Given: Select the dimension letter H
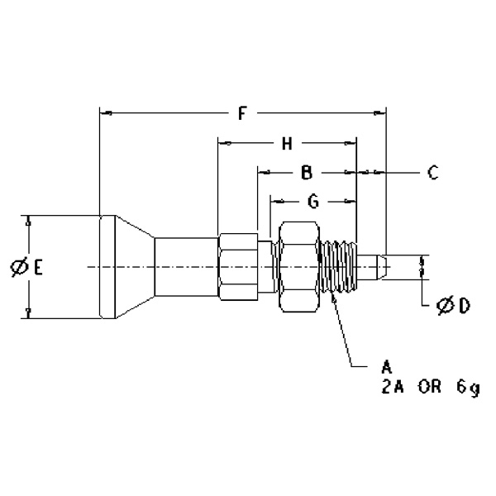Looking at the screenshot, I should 287,144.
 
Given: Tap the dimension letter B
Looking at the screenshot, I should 305,173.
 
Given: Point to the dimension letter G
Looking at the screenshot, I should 312,201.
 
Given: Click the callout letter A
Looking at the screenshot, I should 386,365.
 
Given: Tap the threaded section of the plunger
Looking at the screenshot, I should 341,266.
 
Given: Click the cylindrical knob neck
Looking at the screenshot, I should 186,266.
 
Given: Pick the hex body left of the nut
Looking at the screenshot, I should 238,266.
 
